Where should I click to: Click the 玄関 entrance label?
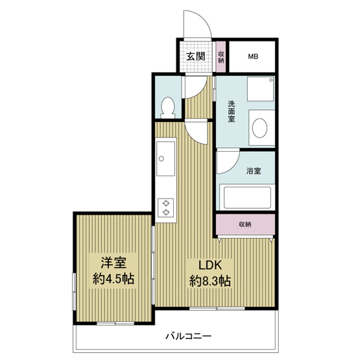(195, 56)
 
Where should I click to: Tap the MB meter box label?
(253, 56)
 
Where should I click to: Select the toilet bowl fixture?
(167, 108)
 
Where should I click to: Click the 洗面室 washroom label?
(232, 112)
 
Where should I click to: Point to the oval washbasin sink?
(259, 128)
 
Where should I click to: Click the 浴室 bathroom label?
(254, 171)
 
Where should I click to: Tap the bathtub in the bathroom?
(247, 197)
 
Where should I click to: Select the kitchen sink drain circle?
(162, 158)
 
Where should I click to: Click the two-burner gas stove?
(166, 208)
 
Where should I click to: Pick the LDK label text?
(210, 265)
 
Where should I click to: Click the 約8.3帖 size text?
(210, 281)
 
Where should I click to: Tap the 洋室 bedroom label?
(114, 263)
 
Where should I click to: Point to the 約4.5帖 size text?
(114, 279)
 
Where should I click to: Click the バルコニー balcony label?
(189, 337)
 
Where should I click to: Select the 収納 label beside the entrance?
(221, 57)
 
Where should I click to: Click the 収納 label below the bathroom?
(245, 224)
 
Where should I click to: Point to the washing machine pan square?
(261, 89)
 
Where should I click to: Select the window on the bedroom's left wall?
(74, 292)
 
